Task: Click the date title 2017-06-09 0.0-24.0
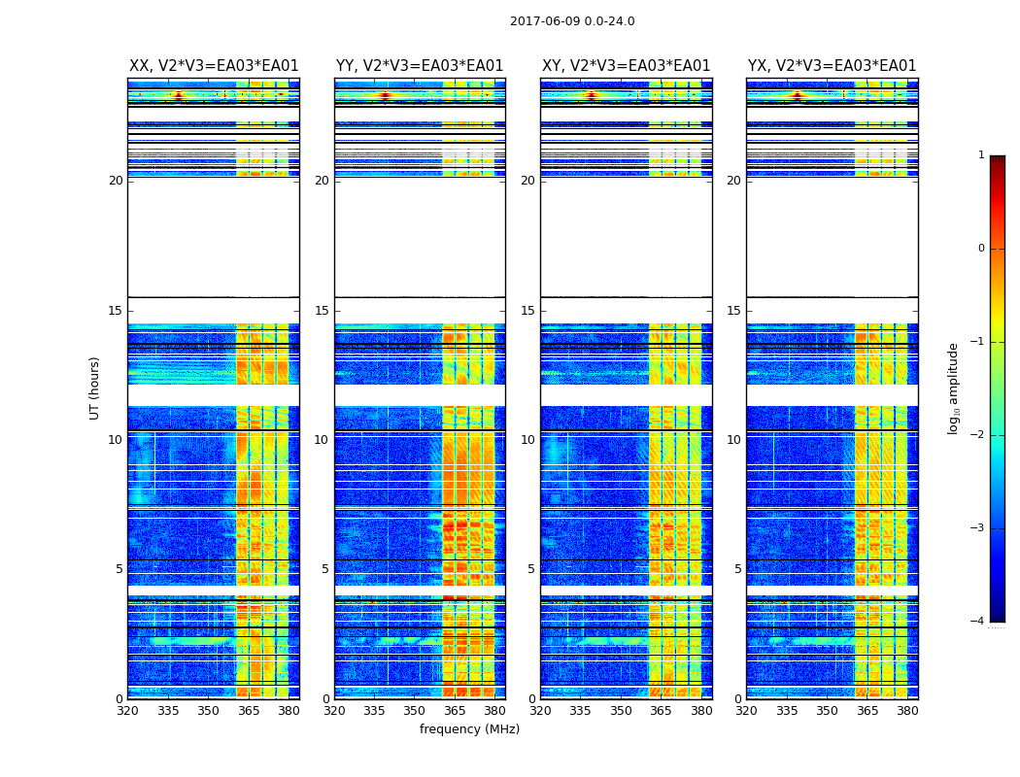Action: point(572,21)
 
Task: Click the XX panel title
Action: point(214,66)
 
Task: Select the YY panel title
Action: point(420,66)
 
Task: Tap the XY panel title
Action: point(626,66)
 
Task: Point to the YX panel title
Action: point(832,66)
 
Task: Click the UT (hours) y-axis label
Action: point(95,388)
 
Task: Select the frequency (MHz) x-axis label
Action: point(469,729)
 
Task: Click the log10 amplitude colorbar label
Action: point(954,388)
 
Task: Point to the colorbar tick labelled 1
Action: point(980,155)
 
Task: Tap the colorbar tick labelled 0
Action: point(980,249)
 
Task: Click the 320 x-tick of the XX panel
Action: point(127,711)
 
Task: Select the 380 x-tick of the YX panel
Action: point(907,711)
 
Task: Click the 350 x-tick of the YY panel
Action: point(415,711)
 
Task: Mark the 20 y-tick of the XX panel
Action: point(116,181)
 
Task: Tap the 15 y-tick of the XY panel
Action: point(530,311)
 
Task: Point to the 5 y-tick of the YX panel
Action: point(737,569)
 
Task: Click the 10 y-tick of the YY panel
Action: point(322,440)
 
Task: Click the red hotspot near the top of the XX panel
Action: point(178,95)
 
